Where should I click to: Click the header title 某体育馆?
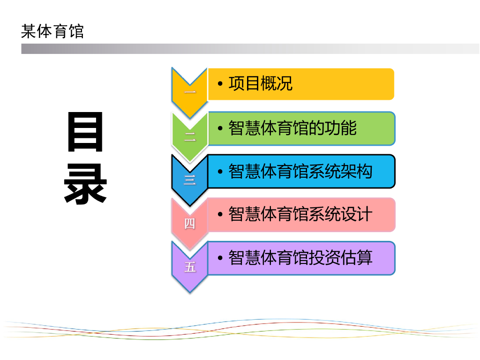pos(52,31)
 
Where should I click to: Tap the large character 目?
pos(85,133)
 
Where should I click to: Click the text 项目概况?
pos(260,83)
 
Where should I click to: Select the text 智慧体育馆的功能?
pos(292,127)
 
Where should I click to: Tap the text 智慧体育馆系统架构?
pos(300,171)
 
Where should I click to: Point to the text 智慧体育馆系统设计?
pos(300,214)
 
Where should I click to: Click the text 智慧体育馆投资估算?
pos(300,257)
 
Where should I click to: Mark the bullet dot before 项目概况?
pos(220,84)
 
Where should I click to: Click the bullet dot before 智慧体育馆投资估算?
pos(220,258)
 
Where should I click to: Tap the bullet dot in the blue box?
pos(220,172)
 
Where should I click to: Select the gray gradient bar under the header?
pos(250,49)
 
